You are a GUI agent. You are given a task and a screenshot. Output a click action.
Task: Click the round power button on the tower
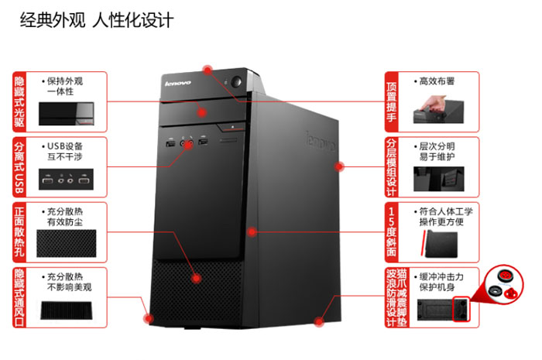236,82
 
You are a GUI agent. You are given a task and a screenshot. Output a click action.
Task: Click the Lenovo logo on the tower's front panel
177,84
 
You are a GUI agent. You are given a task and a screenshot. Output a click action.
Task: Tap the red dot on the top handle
208,70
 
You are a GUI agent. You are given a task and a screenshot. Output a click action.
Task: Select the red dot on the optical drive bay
202,112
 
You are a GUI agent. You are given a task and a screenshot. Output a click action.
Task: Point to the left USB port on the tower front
170,142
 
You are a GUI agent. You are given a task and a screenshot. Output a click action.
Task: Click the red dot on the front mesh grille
197,278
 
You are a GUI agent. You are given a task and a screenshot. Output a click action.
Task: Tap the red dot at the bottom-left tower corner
149,318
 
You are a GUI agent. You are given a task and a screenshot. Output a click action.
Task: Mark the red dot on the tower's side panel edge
339,167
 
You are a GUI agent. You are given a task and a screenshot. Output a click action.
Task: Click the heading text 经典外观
53,19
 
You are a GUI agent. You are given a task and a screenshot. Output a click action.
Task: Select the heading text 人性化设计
132,19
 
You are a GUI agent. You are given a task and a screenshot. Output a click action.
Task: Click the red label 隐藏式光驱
19,101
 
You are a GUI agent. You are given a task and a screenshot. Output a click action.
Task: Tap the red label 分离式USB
19,167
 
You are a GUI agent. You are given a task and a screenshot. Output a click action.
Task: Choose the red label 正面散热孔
19,232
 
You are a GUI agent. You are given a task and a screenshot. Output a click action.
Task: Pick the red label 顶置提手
391,102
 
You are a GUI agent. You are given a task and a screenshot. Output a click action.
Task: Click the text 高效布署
437,81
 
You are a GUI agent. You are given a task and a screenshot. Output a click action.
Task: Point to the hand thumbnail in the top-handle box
438,109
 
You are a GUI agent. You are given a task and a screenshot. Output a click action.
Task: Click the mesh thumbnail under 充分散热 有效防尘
67,243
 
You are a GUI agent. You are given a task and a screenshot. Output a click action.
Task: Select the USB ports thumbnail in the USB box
66,180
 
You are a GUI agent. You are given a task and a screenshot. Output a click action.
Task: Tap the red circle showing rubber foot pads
504,285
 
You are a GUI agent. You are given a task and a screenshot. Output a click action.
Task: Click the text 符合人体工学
446,211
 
